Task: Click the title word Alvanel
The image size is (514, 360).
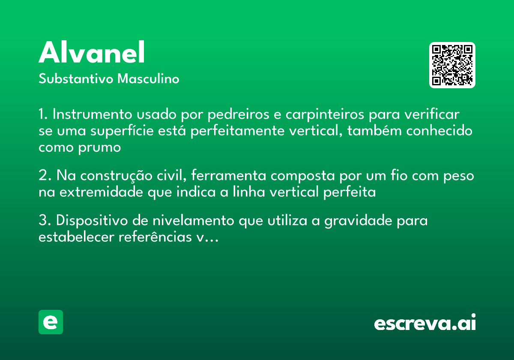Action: click(92, 53)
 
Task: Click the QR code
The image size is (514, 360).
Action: click(452, 65)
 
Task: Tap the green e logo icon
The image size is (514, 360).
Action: click(51, 322)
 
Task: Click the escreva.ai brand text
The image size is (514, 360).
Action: click(424, 323)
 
